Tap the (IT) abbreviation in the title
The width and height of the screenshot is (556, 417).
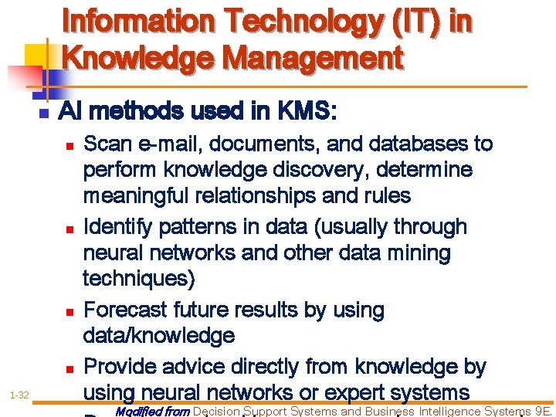pyautogui.click(x=409, y=22)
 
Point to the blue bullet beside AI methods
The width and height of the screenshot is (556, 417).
pyautogui.click(x=43, y=113)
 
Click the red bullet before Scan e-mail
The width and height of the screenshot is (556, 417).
pyautogui.click(x=69, y=145)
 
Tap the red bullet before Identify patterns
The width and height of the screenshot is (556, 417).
pyautogui.click(x=69, y=229)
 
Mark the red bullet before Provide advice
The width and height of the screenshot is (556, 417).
pyautogui.click(x=69, y=368)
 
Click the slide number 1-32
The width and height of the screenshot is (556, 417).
pyautogui.click(x=20, y=395)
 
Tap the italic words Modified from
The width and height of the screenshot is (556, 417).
pyautogui.click(x=151, y=412)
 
